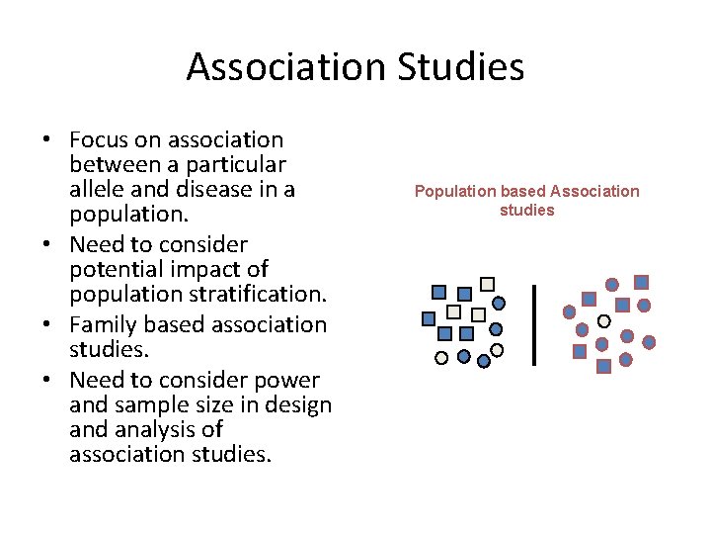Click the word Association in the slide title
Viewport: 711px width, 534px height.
(x=287, y=67)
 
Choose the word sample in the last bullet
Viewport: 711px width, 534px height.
(x=153, y=404)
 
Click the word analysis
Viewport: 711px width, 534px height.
(x=154, y=429)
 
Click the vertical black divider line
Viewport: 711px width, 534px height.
(x=534, y=325)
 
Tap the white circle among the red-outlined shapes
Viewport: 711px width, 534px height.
(x=604, y=321)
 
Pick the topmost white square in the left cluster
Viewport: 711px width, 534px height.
(x=487, y=284)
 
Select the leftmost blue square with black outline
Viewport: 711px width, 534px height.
(x=429, y=318)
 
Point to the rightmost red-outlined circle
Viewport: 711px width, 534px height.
(x=649, y=342)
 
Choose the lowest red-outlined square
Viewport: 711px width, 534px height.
(x=604, y=366)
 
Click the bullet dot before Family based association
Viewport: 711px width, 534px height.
(x=46, y=324)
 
